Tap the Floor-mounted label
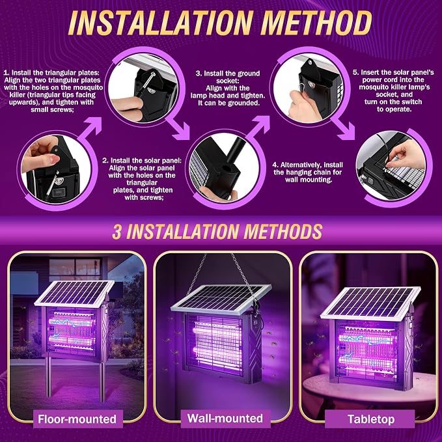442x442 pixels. tap(77, 419)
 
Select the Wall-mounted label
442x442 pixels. tap(225, 418)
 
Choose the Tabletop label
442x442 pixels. tap(371, 419)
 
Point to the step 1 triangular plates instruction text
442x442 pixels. tap(53, 91)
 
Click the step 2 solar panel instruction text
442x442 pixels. tap(143, 179)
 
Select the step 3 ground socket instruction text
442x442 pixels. tap(228, 89)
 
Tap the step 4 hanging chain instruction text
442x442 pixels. tap(308, 173)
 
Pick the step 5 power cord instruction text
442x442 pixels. tap(394, 90)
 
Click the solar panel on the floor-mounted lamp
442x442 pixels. tap(74, 292)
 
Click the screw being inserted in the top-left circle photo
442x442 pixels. tap(149, 82)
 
